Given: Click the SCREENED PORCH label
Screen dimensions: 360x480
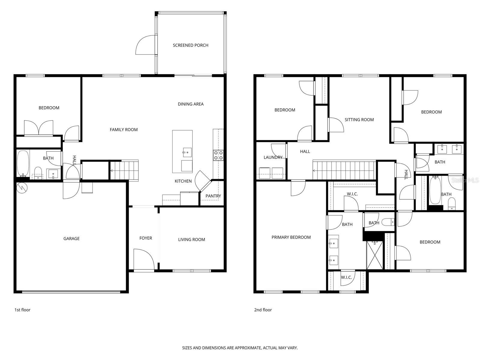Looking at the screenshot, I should point(190,45).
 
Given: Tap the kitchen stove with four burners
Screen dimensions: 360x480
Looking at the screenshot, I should point(218,155).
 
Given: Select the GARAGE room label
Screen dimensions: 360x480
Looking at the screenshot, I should point(71,238).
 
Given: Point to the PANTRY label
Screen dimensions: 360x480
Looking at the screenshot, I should point(213,196).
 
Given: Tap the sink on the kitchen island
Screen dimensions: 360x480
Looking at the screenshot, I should point(187,152).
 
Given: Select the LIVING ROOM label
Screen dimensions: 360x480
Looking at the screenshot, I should point(191,239).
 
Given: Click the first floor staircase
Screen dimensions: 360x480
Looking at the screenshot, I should point(124,170).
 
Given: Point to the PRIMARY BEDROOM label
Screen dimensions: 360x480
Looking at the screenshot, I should point(291,237).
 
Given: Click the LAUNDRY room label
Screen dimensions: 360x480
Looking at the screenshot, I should point(273,157).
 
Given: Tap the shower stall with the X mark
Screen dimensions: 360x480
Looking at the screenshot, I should point(375,255).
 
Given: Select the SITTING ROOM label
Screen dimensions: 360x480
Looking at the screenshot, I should point(359,120).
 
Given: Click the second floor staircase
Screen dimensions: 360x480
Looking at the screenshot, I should point(344,170).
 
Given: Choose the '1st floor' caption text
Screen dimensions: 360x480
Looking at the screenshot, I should point(22,310).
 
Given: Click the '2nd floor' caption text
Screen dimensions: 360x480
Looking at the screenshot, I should point(263,310).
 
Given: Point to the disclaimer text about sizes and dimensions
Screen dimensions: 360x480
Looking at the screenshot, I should point(240,348).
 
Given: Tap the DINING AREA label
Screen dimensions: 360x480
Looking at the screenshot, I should point(190,104).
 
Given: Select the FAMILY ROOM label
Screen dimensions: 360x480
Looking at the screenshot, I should point(124,130).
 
